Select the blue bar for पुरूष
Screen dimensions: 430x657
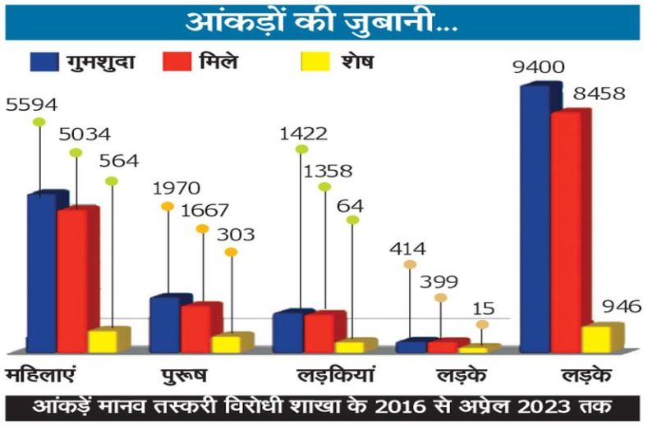click(165, 323)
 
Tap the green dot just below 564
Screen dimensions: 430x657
click(112, 181)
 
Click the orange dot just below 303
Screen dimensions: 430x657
click(231, 252)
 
